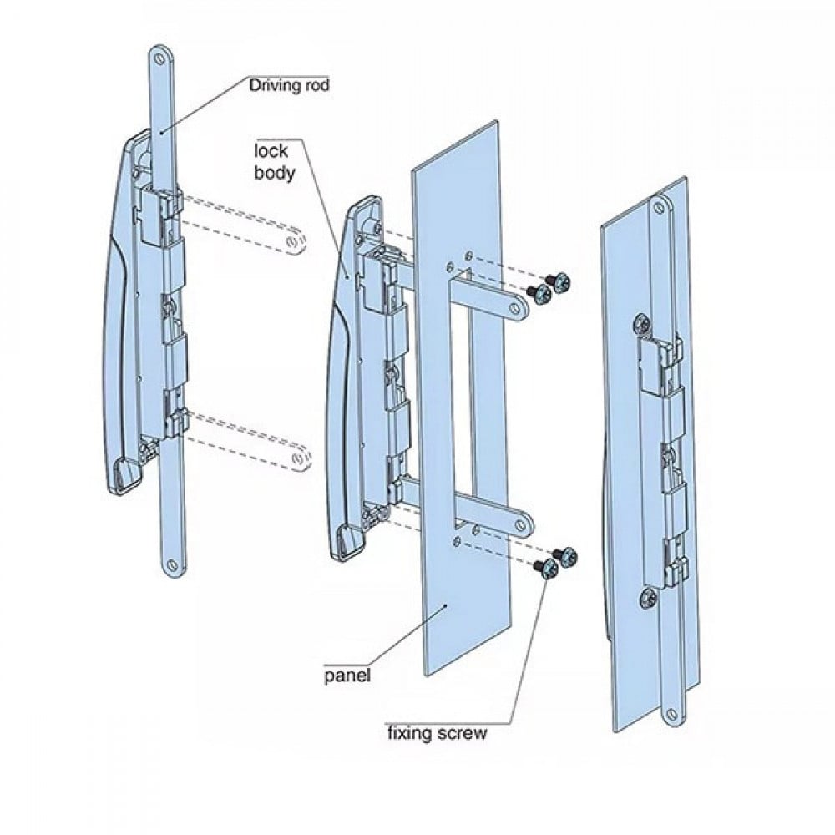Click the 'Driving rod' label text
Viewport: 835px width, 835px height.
pyautogui.click(x=289, y=85)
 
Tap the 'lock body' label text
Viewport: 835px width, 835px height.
pyautogui.click(x=274, y=162)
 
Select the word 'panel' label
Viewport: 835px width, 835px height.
pyautogui.click(x=347, y=676)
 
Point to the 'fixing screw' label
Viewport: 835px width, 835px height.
pyautogui.click(x=437, y=733)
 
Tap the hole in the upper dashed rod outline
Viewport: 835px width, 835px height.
pyautogui.click(x=292, y=243)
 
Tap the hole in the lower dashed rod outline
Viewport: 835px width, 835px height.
pyautogui.click(x=297, y=459)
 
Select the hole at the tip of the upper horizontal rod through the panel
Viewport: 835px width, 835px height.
pyautogui.click(x=515, y=308)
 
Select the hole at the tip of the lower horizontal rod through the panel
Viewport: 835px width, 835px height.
pyautogui.click(x=521, y=524)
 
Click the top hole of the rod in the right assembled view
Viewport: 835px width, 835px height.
pyautogui.click(x=660, y=204)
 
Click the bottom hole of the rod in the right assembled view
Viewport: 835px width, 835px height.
pyautogui.click(x=673, y=713)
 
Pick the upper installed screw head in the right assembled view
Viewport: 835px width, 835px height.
pyautogui.click(x=641, y=324)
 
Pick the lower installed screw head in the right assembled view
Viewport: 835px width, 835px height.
pyautogui.click(x=648, y=598)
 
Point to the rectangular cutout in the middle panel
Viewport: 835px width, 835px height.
pyautogui.click(x=461, y=398)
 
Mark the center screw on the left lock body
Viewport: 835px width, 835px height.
pyautogui.click(x=170, y=307)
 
